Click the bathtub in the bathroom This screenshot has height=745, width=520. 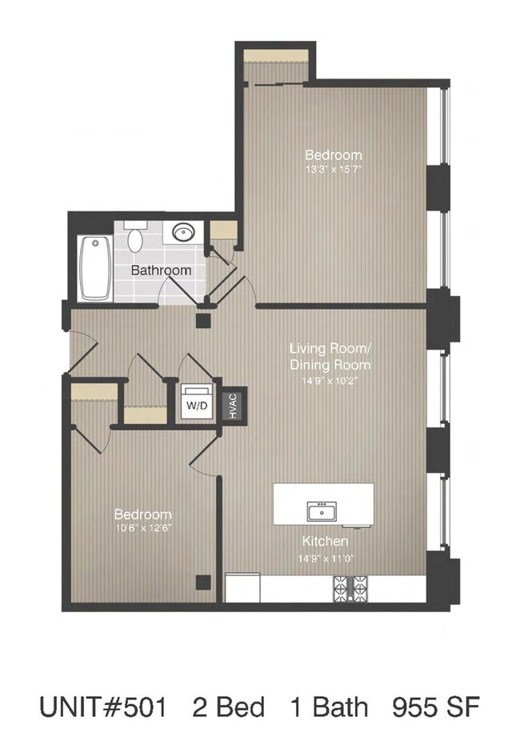tap(94, 267)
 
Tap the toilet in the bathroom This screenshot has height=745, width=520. tap(135, 236)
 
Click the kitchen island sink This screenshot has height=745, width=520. tap(323, 510)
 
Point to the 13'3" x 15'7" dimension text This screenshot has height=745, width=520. tap(334, 169)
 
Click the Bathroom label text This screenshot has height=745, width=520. tap(161, 270)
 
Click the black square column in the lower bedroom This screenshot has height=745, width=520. tap(204, 582)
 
